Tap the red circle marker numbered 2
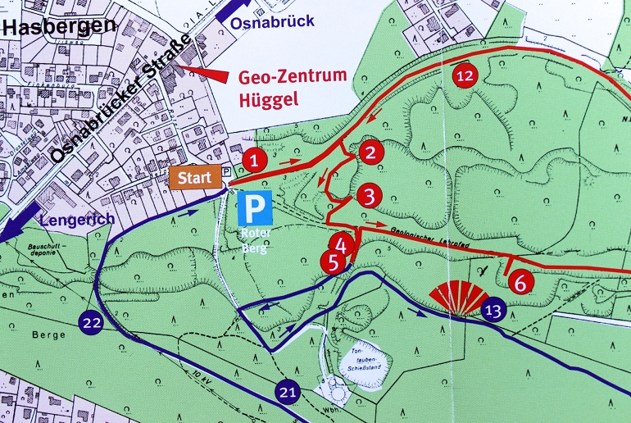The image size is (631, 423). click(x=370, y=152)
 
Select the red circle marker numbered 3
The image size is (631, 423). click(x=369, y=197)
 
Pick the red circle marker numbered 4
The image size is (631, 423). click(x=343, y=243)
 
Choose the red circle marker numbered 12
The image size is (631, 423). click(x=465, y=75)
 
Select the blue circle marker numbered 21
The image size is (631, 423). click(x=288, y=392)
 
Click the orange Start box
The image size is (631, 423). click(x=195, y=176)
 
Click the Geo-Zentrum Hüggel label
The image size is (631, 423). click(x=293, y=89)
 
